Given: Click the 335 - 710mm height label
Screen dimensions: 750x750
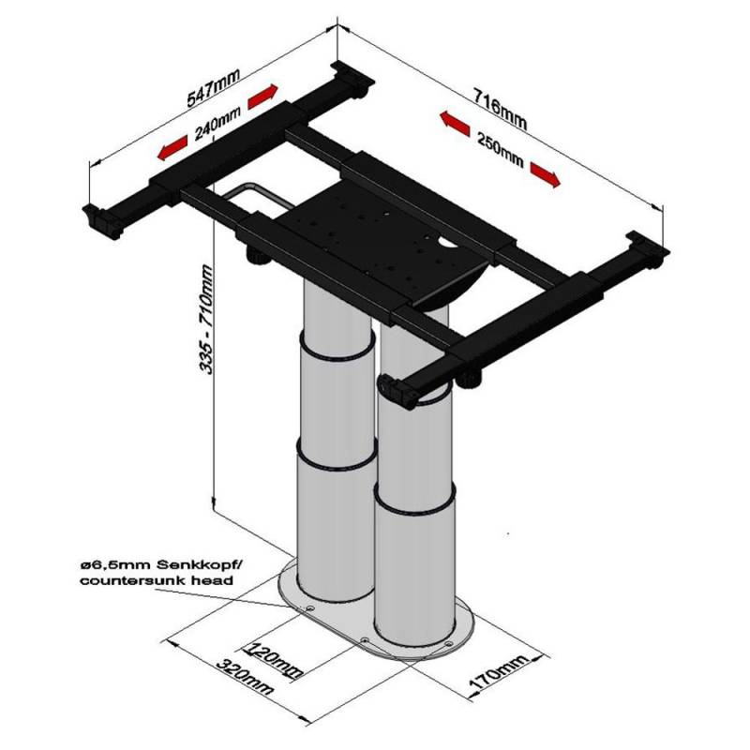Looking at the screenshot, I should pos(208,319).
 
